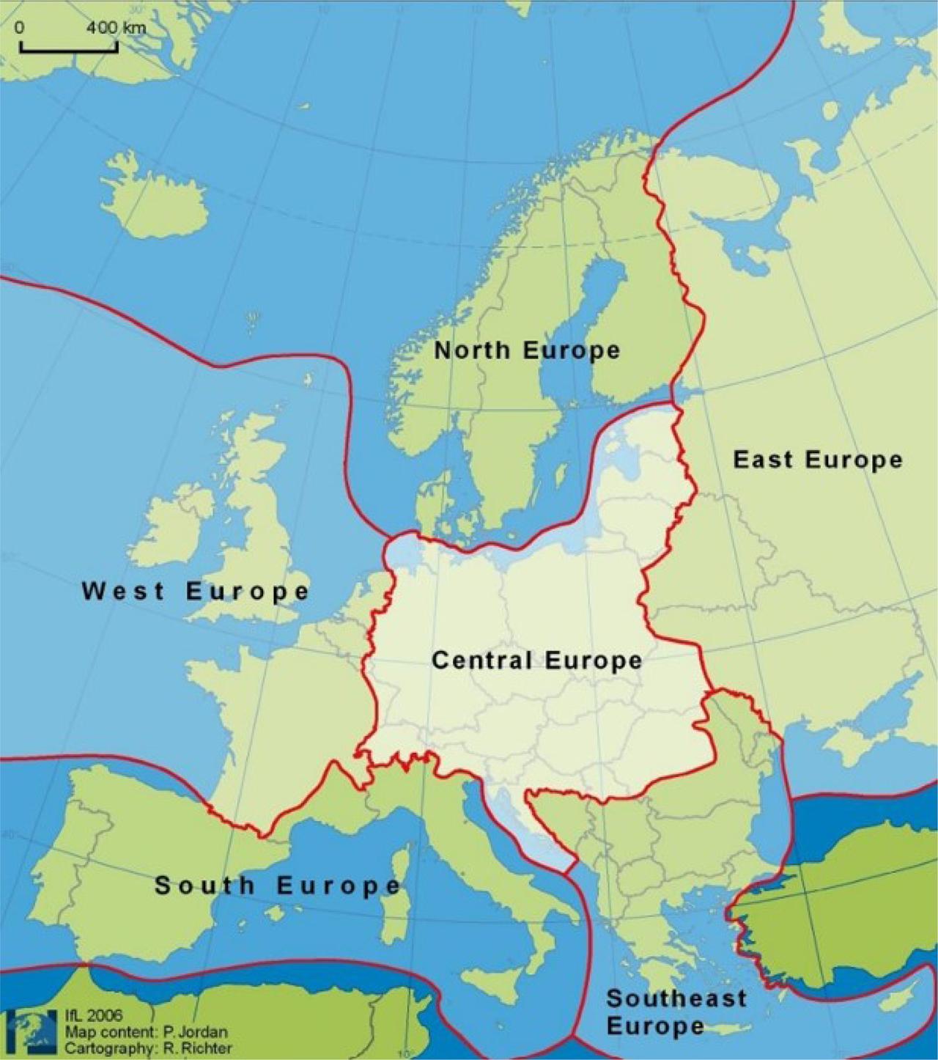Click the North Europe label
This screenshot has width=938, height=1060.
pyautogui.click(x=527, y=350)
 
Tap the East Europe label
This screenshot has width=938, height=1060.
pyautogui.click(x=817, y=460)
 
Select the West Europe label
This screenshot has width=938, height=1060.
pyautogui.click(x=196, y=591)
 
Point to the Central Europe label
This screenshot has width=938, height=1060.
pyautogui.click(x=536, y=660)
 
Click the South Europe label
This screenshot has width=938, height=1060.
pyautogui.click(x=278, y=886)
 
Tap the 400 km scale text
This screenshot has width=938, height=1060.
pyautogui.click(x=116, y=28)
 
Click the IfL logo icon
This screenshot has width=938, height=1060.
pyautogui.click(x=32, y=1031)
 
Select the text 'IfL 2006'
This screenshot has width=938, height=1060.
pyautogui.click(x=94, y=1016)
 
